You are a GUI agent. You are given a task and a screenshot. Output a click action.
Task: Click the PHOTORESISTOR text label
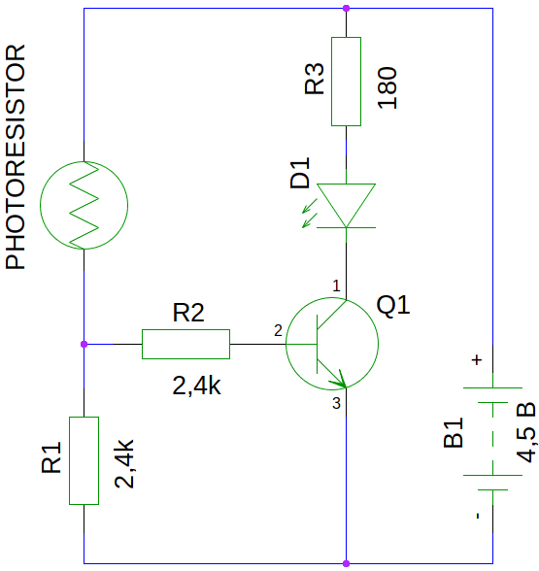[16, 157]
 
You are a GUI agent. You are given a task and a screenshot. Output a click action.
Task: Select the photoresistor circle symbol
[40, 205]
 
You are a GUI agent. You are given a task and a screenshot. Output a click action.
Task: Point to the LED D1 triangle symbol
[346, 206]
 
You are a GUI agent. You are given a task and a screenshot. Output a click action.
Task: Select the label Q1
[393, 305]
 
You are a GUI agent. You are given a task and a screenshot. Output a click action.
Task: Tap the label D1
[299, 173]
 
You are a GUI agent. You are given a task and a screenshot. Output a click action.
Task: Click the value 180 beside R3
[387, 87]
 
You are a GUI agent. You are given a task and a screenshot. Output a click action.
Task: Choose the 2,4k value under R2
[196, 386]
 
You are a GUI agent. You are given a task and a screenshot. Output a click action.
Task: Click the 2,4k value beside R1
[124, 463]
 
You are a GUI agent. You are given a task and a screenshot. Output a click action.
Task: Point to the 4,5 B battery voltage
[526, 432]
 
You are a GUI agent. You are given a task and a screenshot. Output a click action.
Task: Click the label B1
[453, 432]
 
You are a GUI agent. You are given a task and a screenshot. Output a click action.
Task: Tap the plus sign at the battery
[477, 359]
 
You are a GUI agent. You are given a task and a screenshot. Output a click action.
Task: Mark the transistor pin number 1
[336, 285]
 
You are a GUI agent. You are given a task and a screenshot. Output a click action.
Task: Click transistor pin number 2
[278, 330]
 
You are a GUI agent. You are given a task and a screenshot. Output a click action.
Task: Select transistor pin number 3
[336, 404]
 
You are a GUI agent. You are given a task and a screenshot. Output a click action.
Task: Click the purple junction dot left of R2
[84, 344]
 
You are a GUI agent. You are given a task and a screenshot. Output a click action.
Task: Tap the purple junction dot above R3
[346, 8]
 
